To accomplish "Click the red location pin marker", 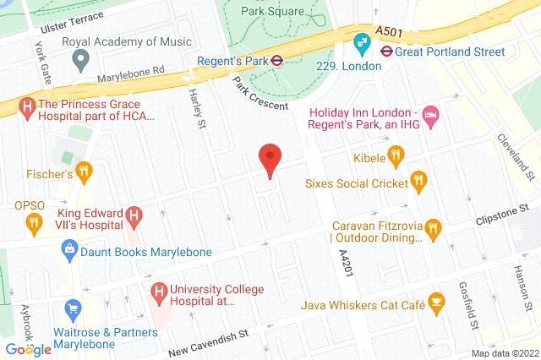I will (270, 159).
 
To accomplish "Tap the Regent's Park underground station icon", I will (275, 60).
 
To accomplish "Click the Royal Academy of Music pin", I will (81, 60).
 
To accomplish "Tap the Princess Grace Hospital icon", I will (28, 107).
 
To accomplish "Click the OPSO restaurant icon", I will (34, 223).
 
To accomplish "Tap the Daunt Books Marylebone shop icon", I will (69, 249).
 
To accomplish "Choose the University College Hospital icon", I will (158, 291).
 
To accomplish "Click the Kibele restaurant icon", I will (395, 155).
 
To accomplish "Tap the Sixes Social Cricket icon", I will (418, 180).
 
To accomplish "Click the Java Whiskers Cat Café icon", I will (436, 299).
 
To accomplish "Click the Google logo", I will (28, 349).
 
